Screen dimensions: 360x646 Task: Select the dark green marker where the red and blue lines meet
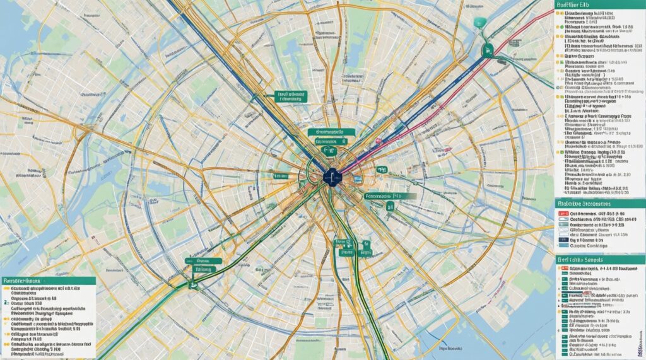click(486, 50)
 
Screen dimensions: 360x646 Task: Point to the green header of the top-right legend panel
click(600, 5)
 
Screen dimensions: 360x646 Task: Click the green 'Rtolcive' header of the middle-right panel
click(600, 204)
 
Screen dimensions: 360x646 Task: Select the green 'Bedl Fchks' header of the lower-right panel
click(600, 259)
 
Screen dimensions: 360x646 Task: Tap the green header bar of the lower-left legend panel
click(48, 279)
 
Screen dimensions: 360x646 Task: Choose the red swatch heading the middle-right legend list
click(563, 215)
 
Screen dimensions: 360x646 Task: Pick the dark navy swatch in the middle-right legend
click(563, 240)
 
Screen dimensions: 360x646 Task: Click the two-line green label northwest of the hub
click(291, 96)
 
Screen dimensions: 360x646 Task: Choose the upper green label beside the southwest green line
click(203, 260)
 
